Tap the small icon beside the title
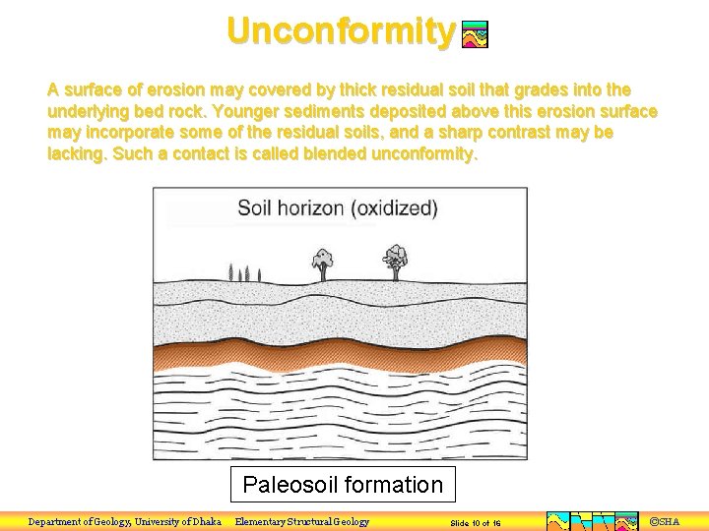coord(475,35)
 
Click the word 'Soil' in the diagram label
coord(255,208)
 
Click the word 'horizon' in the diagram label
coord(311,208)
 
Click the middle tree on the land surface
coord(322,261)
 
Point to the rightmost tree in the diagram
coord(396,259)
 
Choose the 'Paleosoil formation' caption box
coord(343,484)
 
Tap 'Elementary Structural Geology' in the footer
coord(302,521)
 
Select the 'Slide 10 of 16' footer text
coord(476,522)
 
